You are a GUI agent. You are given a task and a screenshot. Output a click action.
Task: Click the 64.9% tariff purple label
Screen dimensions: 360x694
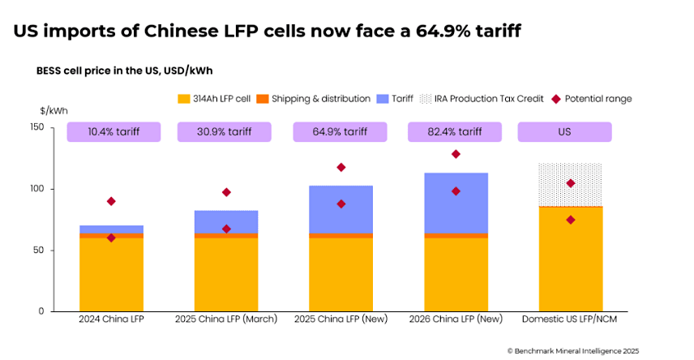pos(341,131)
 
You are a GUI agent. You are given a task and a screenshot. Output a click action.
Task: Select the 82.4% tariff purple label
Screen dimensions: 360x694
pos(456,131)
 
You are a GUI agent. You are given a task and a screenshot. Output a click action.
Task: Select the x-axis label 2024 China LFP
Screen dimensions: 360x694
pos(111,319)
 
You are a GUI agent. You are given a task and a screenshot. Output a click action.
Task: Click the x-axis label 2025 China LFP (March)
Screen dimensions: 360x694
pos(226,319)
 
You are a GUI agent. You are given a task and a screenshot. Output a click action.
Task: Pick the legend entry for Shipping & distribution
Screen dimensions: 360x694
pos(313,99)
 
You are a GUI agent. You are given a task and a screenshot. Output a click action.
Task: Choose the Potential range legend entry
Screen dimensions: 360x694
pos(593,99)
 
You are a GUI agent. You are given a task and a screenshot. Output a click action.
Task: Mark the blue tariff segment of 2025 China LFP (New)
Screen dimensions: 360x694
pos(341,209)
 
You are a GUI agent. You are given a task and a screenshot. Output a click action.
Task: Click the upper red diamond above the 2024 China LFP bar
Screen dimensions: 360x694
pos(111,201)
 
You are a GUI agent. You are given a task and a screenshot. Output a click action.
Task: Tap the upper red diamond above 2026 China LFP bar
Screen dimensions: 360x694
pos(456,154)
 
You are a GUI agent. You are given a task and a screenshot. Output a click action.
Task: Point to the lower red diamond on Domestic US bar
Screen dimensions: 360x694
pos(571,220)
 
